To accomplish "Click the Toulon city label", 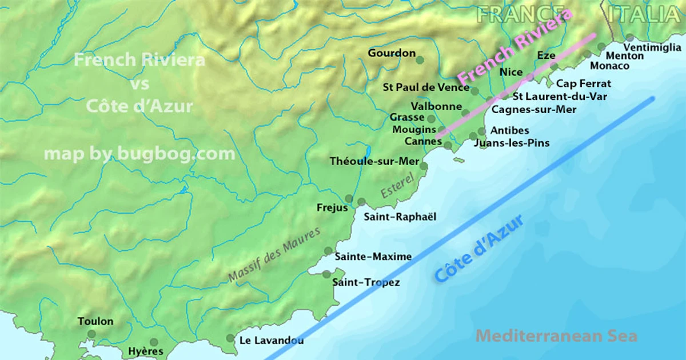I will pyautogui.click(x=95, y=322).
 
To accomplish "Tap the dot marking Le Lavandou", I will pyautogui.click(x=230, y=338).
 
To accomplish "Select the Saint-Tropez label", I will pyautogui.click(x=366, y=282).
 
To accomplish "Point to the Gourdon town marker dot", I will pyautogui.click(x=420, y=60).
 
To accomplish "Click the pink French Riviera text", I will pyautogui.click(x=514, y=46).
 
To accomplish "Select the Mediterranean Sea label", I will pyautogui.click(x=556, y=335).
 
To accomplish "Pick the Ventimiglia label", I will pyautogui.click(x=652, y=47).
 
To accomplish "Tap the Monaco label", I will pyautogui.click(x=609, y=66).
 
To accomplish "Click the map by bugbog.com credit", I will pyautogui.click(x=139, y=154).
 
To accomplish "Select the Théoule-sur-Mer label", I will pyautogui.click(x=374, y=161).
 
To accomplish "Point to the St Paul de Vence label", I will pyautogui.click(x=425, y=87).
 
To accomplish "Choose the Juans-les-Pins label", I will pyautogui.click(x=512, y=143).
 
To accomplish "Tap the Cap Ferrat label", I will pyautogui.click(x=584, y=83).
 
